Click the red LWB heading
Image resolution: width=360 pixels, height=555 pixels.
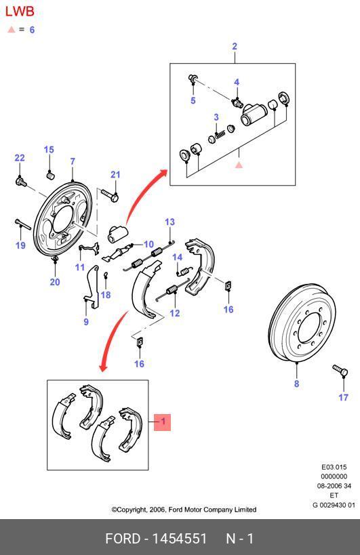click(x=20, y=12)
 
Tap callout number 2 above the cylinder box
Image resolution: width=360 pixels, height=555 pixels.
click(x=235, y=47)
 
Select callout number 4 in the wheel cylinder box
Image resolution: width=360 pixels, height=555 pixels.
click(x=237, y=83)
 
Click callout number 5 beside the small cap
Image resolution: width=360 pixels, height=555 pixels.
click(x=193, y=101)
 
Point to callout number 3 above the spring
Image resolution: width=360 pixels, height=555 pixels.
click(x=216, y=117)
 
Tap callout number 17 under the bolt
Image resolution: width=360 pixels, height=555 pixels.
click(x=344, y=397)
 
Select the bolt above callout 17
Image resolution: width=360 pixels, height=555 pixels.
click(x=340, y=371)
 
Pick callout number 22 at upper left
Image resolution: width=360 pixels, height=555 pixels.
click(x=20, y=158)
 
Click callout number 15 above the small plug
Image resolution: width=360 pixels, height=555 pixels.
click(x=49, y=150)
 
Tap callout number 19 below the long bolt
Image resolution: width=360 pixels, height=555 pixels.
click(x=20, y=245)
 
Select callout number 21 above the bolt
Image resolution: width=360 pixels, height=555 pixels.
click(x=115, y=175)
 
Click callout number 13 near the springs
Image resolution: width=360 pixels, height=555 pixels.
click(x=169, y=222)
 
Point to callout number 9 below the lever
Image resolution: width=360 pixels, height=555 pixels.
click(x=86, y=322)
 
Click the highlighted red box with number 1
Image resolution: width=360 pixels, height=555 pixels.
click(x=162, y=422)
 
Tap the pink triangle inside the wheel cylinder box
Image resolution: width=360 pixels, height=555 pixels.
click(x=239, y=165)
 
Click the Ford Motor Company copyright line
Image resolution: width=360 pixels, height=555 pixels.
click(x=184, y=510)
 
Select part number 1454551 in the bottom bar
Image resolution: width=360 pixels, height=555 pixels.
click(x=180, y=539)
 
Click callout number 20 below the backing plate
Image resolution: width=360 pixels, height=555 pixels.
click(x=55, y=283)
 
